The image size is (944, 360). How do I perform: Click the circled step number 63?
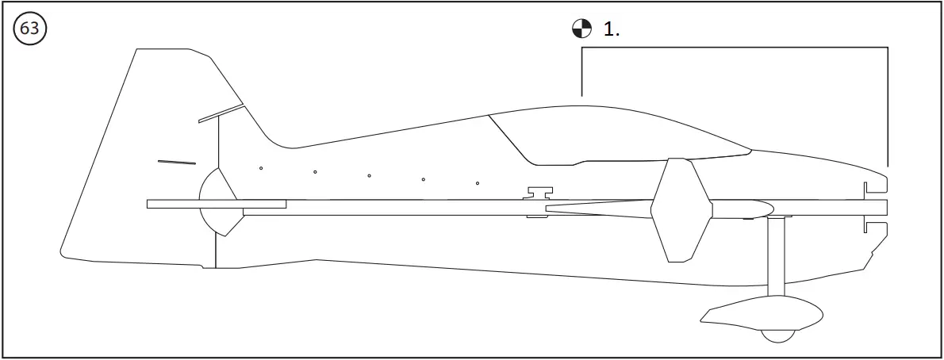pos(30,29)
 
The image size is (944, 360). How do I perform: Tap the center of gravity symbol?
pos(581,29)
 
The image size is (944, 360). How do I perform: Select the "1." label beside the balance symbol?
pos(612,29)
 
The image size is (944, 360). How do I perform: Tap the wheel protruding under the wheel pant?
pos(777,336)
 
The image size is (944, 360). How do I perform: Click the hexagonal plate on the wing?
pos(679,209)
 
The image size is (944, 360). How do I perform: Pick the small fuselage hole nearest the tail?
pos(261,167)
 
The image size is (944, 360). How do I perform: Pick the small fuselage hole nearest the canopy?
pos(478,183)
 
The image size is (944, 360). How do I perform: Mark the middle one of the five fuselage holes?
pos(370,175)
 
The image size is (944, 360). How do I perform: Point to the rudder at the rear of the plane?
pos(135,159)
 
